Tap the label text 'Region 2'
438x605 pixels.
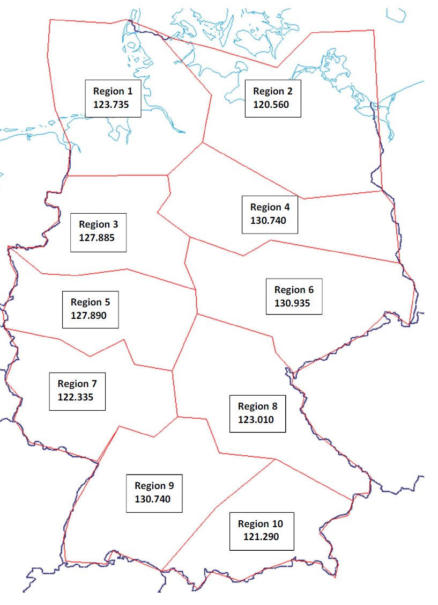[x=277, y=91]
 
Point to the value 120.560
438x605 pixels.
[x=271, y=104]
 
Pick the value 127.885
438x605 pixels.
[x=96, y=237]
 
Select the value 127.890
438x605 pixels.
[x=88, y=316]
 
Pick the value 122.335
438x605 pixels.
[x=76, y=397]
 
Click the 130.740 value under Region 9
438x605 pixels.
[x=152, y=499]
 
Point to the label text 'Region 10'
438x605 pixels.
[x=261, y=523]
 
